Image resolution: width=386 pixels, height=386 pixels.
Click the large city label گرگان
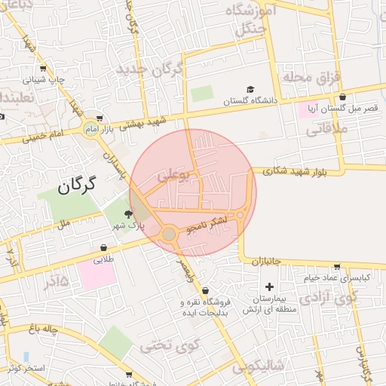[x=78, y=182]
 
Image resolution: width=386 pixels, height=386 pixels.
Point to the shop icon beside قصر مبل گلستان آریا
[x=343, y=97]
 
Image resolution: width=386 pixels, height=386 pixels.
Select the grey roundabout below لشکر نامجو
[x=169, y=235]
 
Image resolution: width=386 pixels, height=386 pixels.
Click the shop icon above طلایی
[x=103, y=247]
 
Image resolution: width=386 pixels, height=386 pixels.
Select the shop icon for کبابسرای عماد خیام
[x=335, y=267]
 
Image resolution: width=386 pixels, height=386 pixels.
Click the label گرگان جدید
[x=150, y=70]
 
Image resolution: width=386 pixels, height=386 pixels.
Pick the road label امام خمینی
[x=44, y=136]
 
